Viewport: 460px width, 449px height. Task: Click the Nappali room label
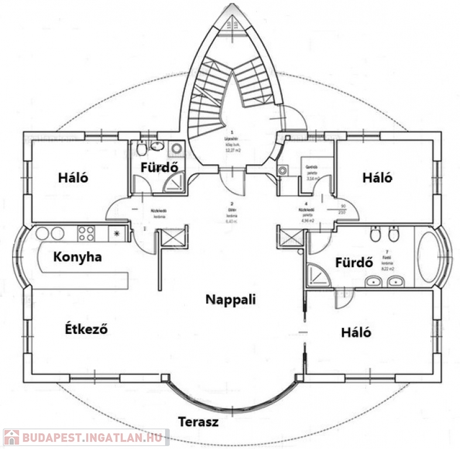231,299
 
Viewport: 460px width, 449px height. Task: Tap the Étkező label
86,329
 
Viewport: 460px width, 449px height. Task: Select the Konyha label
77,256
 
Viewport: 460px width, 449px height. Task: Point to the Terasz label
198,422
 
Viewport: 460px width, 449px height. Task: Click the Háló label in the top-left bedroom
73,177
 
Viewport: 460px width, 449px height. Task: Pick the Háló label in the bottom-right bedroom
356,332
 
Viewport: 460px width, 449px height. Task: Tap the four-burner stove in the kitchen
87,233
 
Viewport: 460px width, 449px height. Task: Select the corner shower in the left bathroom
174,184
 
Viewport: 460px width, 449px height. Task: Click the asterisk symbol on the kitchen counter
116,234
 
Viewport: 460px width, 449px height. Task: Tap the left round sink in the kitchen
42,233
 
